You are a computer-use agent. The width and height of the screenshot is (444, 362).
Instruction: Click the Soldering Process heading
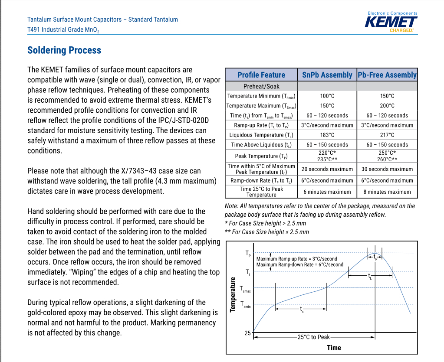point(64,50)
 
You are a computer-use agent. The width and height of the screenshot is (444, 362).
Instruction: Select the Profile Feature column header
point(261,75)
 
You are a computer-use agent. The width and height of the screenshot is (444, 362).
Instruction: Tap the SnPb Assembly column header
point(327,75)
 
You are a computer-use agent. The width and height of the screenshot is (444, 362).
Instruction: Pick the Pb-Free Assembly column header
point(387,75)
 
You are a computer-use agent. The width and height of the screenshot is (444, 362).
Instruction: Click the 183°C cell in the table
point(327,135)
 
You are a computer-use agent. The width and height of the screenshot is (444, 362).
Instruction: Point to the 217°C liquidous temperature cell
point(387,135)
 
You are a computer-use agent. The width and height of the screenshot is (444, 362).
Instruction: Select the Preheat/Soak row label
point(261,86)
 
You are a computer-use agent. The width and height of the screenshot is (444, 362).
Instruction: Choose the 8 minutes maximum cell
point(387,192)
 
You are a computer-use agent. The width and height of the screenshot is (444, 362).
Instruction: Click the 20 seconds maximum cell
point(327,169)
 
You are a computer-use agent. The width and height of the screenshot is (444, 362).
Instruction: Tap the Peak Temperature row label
point(261,156)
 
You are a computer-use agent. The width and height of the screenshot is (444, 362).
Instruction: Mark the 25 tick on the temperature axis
point(247,333)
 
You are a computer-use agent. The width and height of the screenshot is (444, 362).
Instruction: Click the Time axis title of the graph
point(334,348)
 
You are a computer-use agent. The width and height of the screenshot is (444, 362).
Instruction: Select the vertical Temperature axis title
point(233,294)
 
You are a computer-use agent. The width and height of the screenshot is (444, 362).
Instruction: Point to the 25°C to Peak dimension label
point(313,337)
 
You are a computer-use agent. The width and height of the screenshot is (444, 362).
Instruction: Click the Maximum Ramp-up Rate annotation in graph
point(296,259)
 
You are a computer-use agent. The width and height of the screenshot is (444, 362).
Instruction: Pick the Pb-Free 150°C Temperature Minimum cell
point(387,96)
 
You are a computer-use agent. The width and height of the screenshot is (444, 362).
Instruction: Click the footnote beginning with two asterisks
point(267,232)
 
